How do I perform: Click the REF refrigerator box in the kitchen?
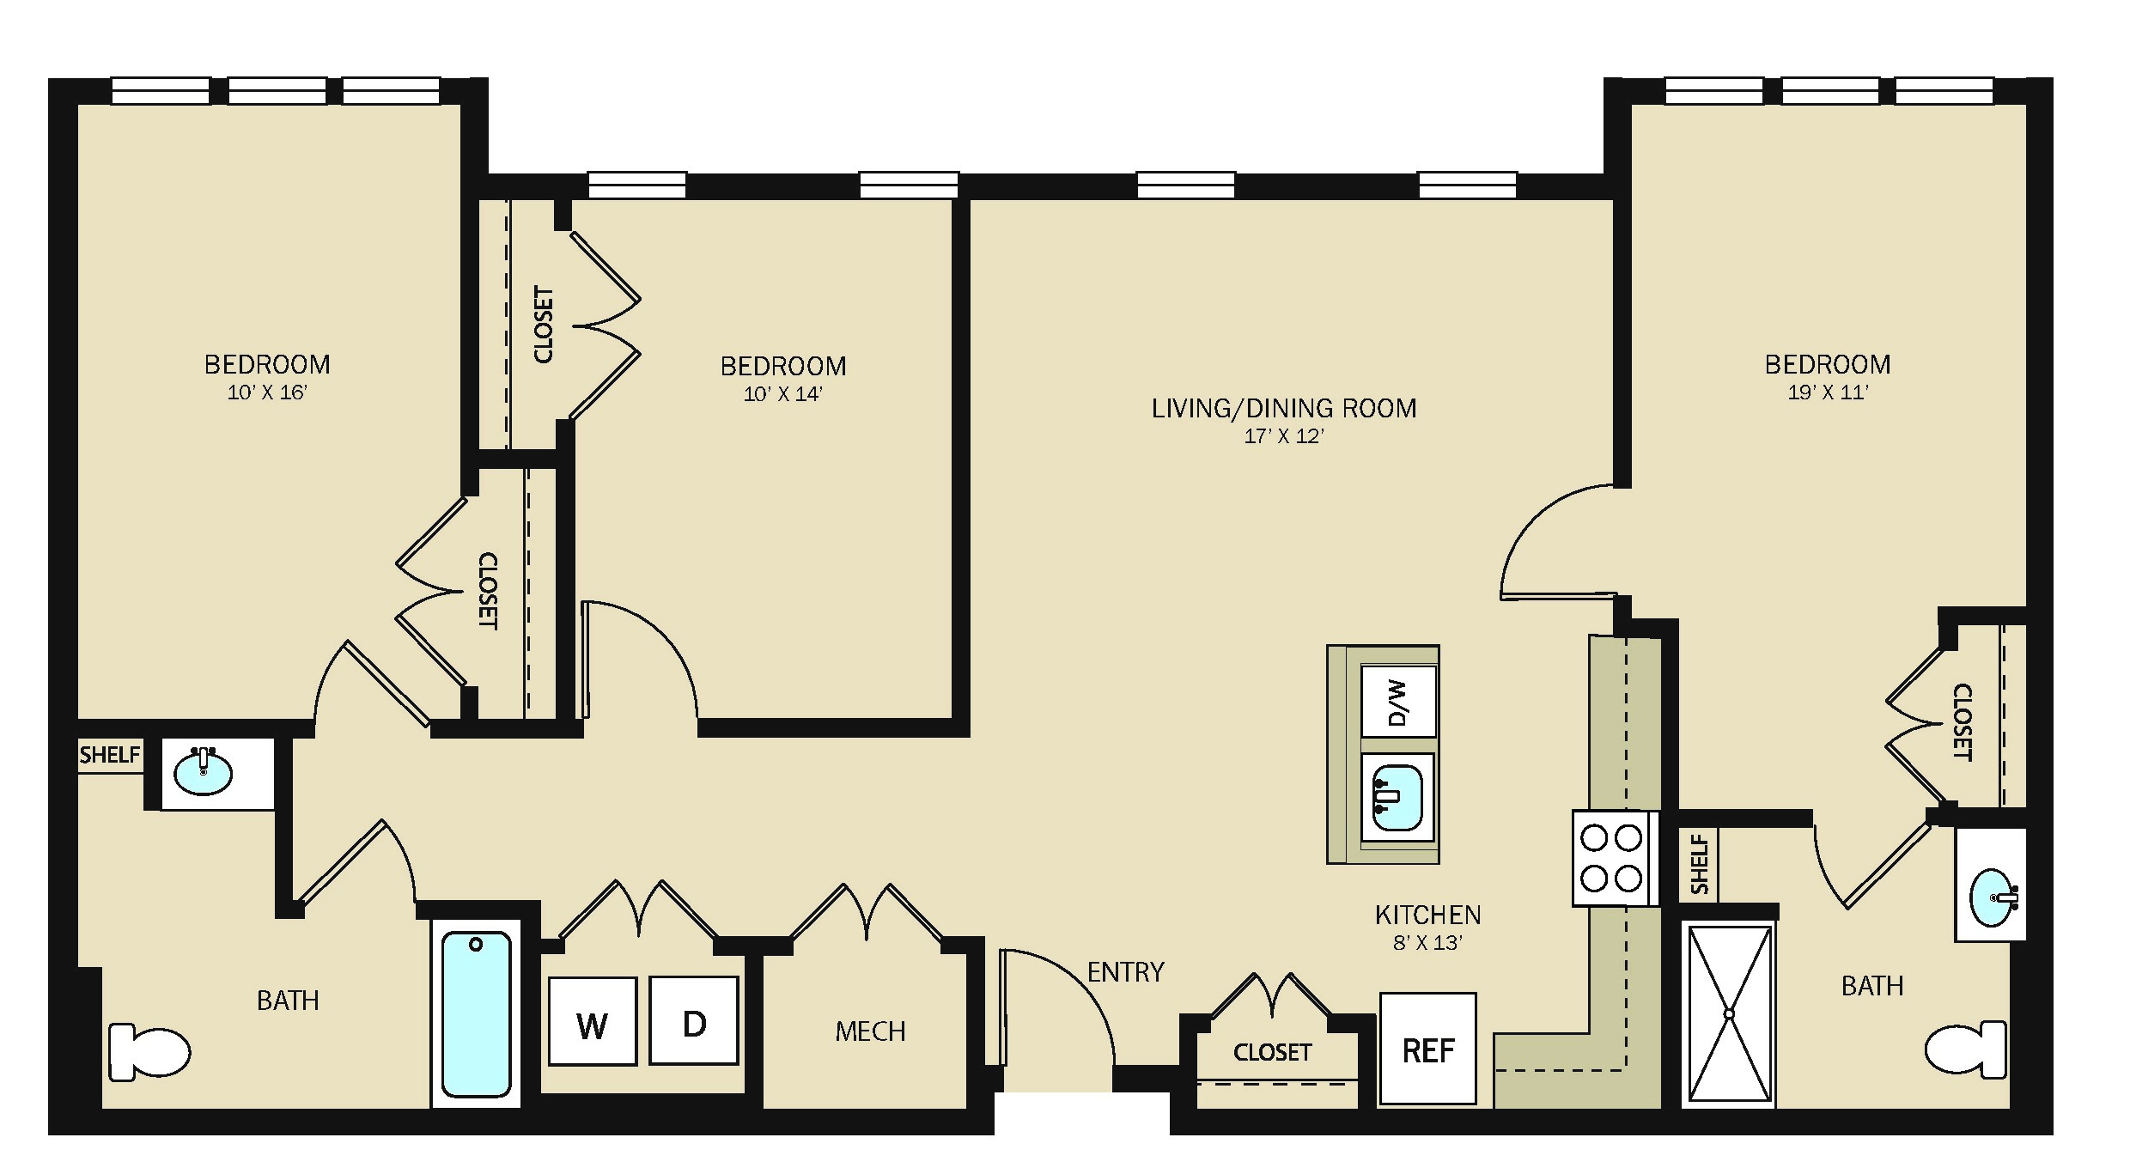[x=1427, y=1049]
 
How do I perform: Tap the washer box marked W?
[x=593, y=1021]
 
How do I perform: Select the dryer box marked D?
[x=694, y=1020]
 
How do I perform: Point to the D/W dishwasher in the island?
[x=1398, y=701]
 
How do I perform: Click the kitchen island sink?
[x=1397, y=798]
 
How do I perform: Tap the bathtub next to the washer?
[x=476, y=1013]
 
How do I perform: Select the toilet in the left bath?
[x=149, y=1051]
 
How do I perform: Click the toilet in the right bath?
[x=1967, y=1049]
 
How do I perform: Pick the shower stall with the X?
[x=1729, y=1014]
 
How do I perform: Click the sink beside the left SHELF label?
[x=203, y=771]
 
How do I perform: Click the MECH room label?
[x=870, y=1031]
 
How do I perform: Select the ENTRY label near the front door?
[x=1125, y=971]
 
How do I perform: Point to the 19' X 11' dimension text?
[x=1828, y=392]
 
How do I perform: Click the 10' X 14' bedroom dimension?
[x=782, y=394]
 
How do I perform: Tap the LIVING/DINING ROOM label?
[x=1284, y=408]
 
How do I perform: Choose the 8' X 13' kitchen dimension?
[x=1427, y=942]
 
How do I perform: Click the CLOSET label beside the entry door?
[x=1272, y=1052]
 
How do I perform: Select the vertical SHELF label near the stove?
[x=1700, y=864]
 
